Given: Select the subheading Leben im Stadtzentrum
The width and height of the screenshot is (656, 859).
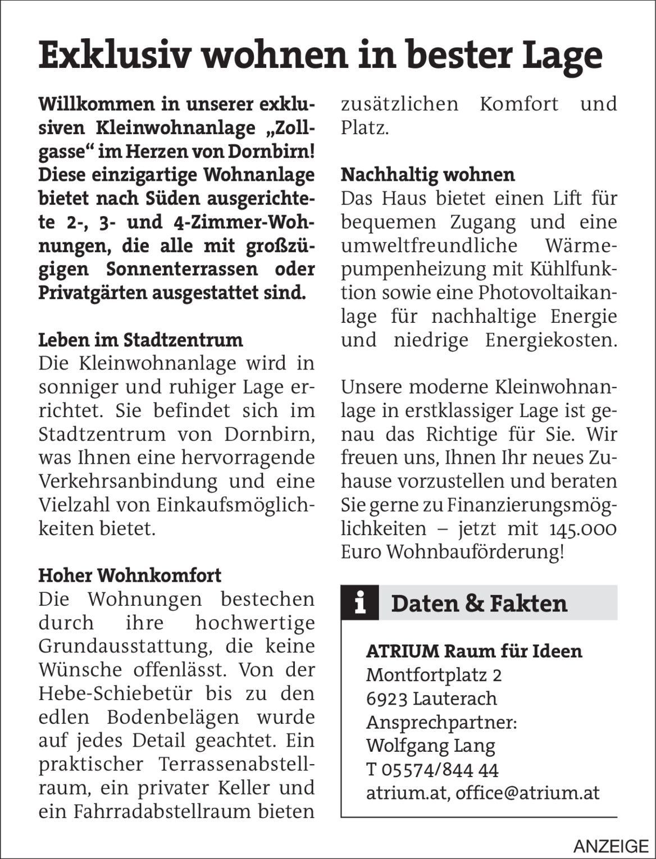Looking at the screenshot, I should pos(140,340).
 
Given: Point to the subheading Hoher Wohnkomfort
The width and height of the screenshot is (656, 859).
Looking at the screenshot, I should pos(130,575).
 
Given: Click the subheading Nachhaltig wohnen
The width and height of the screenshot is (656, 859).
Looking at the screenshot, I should pos(427,175).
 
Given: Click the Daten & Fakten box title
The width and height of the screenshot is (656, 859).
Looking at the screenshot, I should pos(479,604).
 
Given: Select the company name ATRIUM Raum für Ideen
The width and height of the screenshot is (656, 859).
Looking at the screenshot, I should pos(474,651).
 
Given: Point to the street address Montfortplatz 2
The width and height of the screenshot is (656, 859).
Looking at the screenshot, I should pos(434,675).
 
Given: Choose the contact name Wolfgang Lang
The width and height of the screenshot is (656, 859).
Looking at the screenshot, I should pos(430,746).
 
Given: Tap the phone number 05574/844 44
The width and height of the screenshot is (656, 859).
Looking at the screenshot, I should pos(439,770).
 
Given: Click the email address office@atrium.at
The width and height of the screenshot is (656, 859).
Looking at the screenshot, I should pos(527,793).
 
